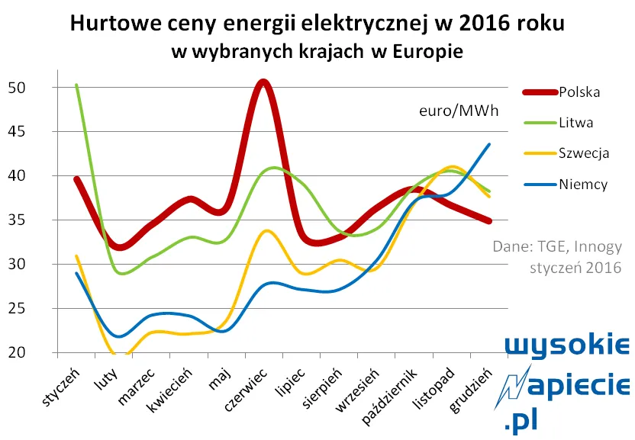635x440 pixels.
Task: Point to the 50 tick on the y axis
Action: coord(17,88)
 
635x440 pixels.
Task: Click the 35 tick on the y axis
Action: coord(17,220)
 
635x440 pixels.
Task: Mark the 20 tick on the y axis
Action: coord(17,353)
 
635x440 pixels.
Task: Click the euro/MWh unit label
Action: coord(458,111)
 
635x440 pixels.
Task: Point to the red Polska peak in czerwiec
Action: coord(263,82)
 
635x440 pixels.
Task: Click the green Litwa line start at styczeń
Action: coord(76,85)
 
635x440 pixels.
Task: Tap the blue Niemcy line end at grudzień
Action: coord(489,144)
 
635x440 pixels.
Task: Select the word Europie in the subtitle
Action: coord(428,52)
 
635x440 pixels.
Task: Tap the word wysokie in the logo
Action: coord(569,347)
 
